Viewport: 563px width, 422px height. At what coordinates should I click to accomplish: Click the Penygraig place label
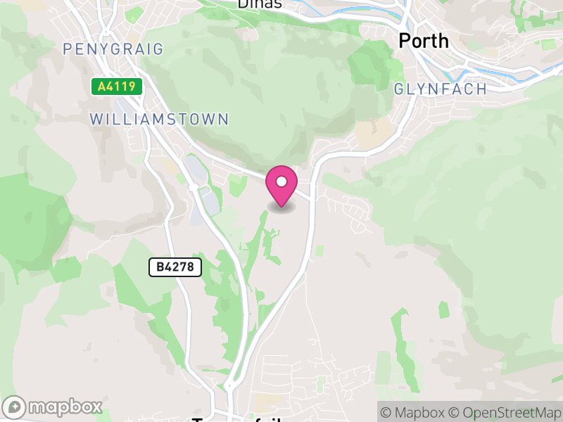tap(113, 49)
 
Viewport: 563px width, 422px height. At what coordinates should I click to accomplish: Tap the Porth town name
tap(423, 41)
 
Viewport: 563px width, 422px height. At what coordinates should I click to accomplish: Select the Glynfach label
tap(441, 89)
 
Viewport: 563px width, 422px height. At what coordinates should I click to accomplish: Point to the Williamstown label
tap(160, 119)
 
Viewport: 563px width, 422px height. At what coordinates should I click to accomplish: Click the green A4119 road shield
tap(117, 87)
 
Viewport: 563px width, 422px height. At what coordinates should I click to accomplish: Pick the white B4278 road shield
tap(175, 267)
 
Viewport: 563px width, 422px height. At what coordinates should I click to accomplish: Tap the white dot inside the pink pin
tap(281, 181)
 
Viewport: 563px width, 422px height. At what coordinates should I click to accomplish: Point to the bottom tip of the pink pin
tap(281, 207)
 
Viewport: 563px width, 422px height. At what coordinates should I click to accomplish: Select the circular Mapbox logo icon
tap(15, 407)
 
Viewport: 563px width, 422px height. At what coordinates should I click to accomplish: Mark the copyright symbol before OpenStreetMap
tap(455, 412)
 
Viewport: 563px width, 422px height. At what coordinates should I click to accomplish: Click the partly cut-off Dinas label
tap(260, 4)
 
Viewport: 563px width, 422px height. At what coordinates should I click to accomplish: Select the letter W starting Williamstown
tap(96, 119)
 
